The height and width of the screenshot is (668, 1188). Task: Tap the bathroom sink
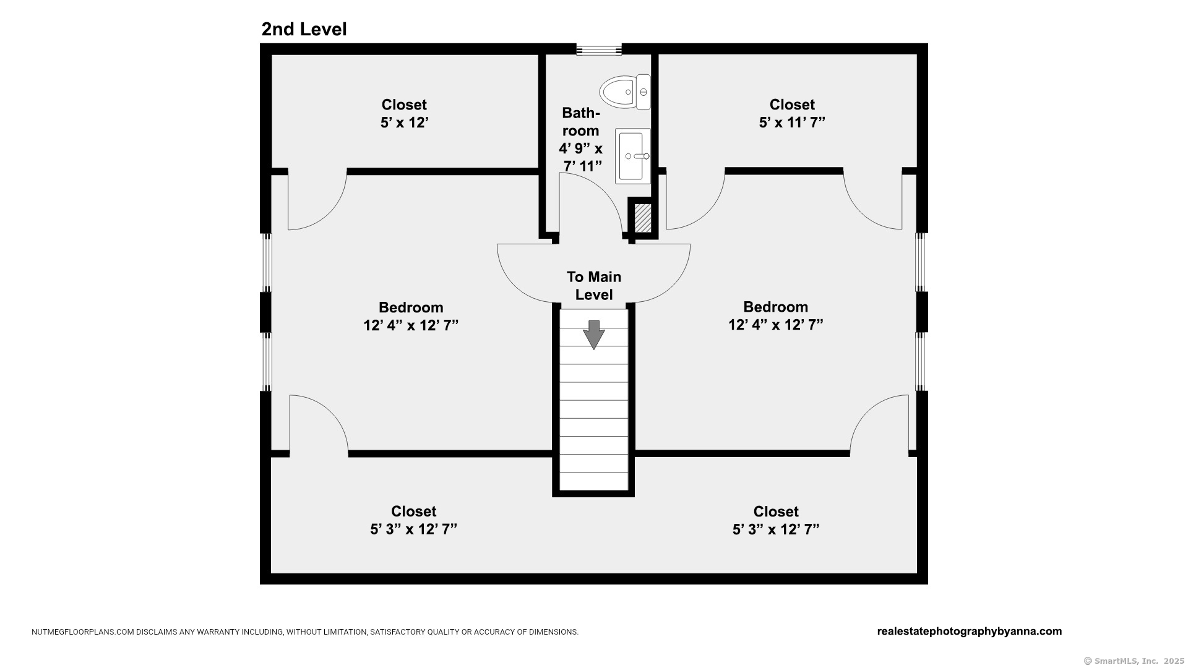pos(632,156)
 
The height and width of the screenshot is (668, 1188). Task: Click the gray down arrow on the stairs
pos(594,335)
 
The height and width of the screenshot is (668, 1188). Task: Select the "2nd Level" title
pos(304,29)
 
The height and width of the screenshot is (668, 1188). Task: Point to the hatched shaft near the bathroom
pos(643,218)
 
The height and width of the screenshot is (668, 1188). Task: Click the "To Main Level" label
pos(594,286)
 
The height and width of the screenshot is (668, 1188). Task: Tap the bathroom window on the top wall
pos(599,49)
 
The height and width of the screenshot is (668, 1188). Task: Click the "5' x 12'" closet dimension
pos(405,122)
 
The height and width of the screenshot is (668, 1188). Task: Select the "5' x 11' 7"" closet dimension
pos(792,122)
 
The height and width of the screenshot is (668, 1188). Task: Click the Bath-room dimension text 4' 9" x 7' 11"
pos(581,157)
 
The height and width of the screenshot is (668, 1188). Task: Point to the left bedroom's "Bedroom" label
pos(411,307)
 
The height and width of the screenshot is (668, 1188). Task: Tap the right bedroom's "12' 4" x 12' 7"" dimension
pos(775,325)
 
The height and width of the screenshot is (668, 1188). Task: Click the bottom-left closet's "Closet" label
pos(413,512)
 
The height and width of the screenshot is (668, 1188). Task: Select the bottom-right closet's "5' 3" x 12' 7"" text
pos(776,529)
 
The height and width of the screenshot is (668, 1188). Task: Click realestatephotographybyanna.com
pos(970,632)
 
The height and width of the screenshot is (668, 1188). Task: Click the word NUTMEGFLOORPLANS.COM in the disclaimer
pos(83,632)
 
